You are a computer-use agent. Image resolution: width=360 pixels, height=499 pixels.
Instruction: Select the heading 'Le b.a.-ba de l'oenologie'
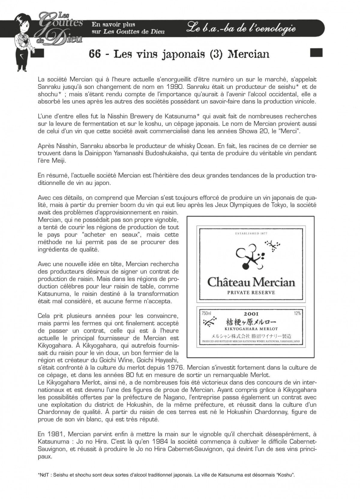click(241, 29)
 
